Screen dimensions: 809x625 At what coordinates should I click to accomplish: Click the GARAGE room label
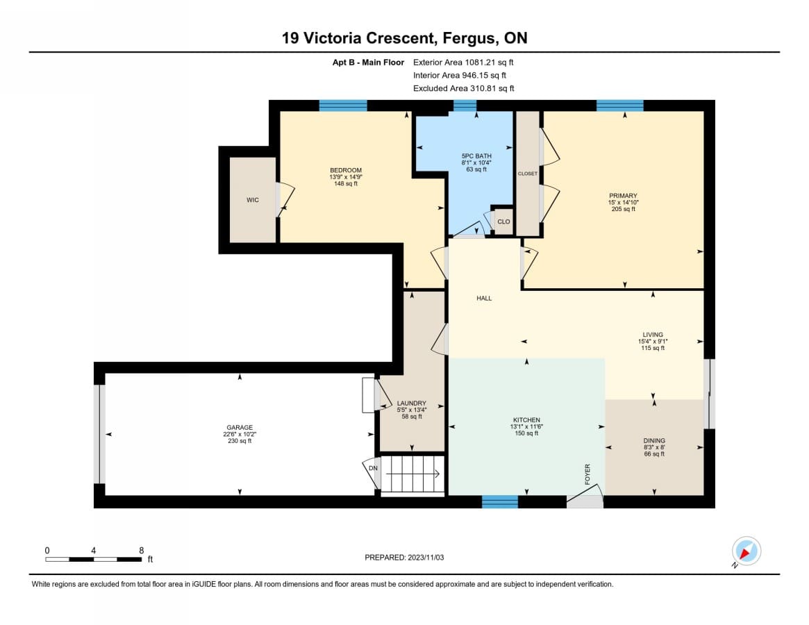click(x=240, y=427)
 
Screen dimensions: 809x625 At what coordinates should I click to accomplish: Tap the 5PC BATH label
click(x=476, y=156)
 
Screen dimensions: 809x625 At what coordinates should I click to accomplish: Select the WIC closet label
click(x=252, y=200)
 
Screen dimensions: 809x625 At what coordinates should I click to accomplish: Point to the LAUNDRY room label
click(x=411, y=403)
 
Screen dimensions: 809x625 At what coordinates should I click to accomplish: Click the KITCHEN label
click(x=526, y=420)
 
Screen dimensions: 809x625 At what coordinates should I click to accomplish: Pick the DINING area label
click(x=653, y=441)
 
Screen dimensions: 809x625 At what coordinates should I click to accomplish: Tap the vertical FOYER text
click(x=587, y=474)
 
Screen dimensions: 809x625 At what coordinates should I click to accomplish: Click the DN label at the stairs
click(x=373, y=468)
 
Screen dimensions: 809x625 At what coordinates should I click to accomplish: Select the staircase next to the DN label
click(x=412, y=474)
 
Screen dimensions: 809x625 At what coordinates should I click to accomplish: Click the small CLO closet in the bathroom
click(x=503, y=222)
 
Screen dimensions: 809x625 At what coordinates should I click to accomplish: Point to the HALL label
click(x=484, y=299)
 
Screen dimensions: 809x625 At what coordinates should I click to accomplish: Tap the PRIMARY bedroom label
click(x=623, y=196)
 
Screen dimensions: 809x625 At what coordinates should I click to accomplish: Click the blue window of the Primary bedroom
click(x=619, y=106)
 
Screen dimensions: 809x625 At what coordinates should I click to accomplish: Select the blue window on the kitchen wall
click(x=499, y=501)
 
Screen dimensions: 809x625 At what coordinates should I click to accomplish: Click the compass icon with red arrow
click(x=746, y=551)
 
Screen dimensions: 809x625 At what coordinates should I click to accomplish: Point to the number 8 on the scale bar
click(x=142, y=551)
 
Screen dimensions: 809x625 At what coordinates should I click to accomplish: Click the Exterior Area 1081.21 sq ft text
click(x=463, y=62)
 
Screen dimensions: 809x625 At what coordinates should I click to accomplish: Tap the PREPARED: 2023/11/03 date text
click(x=404, y=558)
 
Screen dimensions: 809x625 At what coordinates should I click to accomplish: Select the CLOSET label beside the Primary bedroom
click(x=527, y=174)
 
